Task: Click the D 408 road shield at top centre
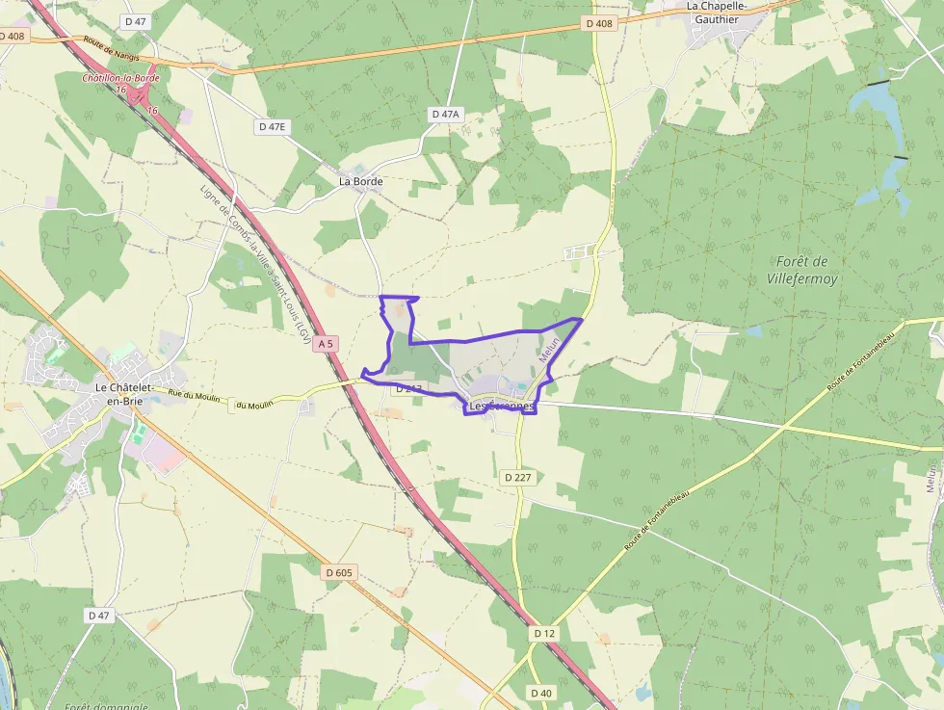click(598, 24)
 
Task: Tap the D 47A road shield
click(446, 114)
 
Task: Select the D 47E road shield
click(273, 126)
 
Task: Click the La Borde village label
click(360, 181)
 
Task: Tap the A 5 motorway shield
click(328, 344)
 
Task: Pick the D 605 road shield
click(339, 572)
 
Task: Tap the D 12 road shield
click(544, 633)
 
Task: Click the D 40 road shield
click(540, 693)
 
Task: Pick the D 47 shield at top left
click(136, 20)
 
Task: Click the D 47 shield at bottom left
click(99, 615)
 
